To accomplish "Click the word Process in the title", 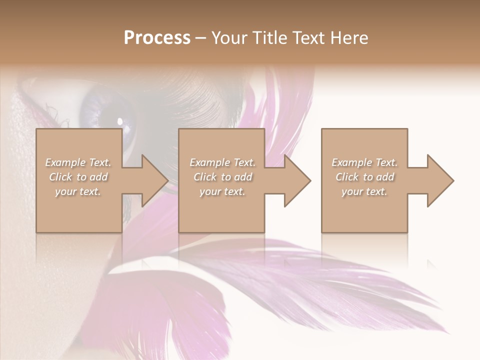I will pos(157,38).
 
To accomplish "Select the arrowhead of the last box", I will pos(439,180).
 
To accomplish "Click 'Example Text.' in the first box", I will pos(78,162).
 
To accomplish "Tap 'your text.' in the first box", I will pos(78,191).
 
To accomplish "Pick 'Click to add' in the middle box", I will pos(222,177).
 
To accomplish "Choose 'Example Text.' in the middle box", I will pos(222,162).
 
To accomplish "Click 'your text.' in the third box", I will pos(364,191).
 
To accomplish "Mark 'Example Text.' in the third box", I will pos(364,162).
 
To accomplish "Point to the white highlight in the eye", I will pos(120,120).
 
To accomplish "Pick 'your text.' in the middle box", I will pos(222,191).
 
